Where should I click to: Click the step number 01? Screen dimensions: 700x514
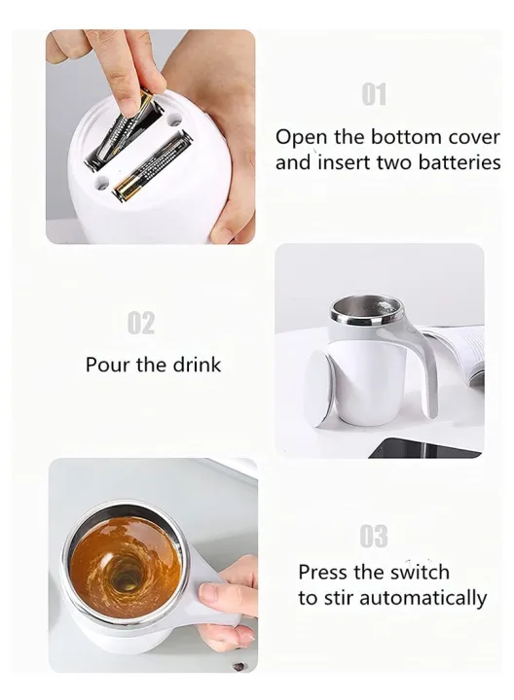click(374, 94)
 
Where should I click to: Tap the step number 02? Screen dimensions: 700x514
click(141, 323)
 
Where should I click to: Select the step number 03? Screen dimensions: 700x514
click(374, 536)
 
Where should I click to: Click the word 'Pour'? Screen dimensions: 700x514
click(106, 366)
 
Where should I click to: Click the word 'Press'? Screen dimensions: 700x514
click(325, 572)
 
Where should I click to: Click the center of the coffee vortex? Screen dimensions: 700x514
click(125, 576)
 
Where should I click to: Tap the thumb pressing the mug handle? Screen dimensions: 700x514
click(216, 593)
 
